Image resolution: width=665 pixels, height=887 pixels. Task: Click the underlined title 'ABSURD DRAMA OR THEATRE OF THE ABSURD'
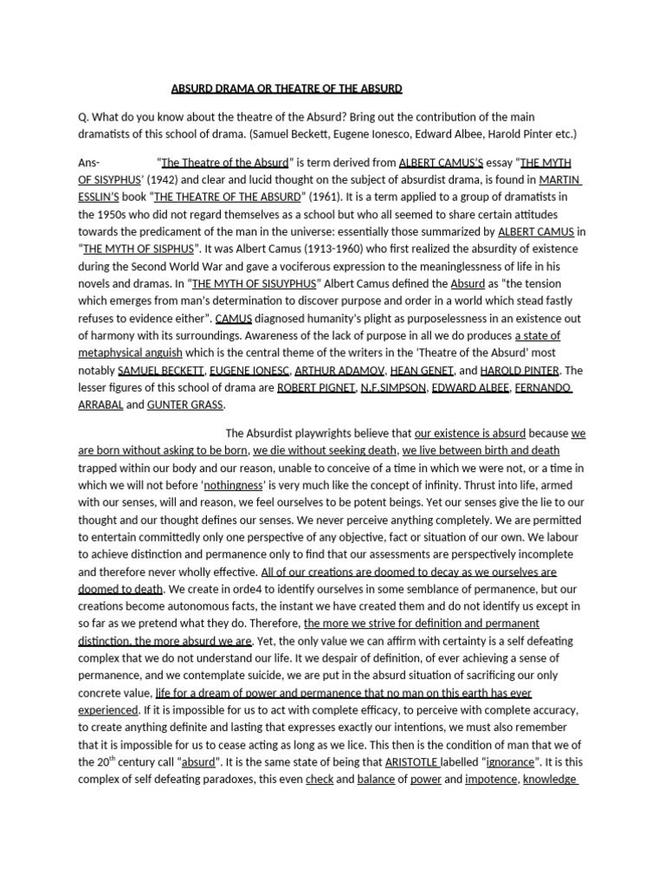click(287, 88)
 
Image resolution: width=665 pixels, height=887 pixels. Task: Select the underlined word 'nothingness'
click(233, 485)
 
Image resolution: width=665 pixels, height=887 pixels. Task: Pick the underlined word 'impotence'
click(491, 780)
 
